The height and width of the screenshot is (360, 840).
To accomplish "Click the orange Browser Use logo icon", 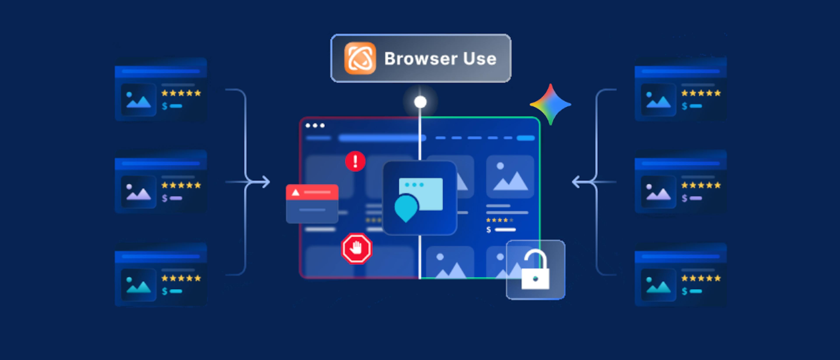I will pyautogui.click(x=360, y=58).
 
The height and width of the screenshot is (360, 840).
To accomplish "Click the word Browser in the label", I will pyautogui.click(x=421, y=59).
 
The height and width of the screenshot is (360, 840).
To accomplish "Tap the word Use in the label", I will pyautogui.click(x=480, y=59).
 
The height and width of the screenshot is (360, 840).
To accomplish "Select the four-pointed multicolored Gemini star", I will pyautogui.click(x=550, y=104).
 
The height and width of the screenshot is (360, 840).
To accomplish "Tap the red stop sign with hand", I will pyautogui.click(x=356, y=248).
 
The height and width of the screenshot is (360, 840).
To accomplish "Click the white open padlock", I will pyautogui.click(x=535, y=271).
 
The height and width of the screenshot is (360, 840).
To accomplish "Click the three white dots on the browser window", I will pyautogui.click(x=315, y=126).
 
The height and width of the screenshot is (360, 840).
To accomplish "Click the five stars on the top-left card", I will pyautogui.click(x=181, y=93).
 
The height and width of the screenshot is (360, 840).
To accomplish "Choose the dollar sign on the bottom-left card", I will pyautogui.click(x=165, y=291).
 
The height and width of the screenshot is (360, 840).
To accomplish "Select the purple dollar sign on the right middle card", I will pyautogui.click(x=684, y=198).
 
